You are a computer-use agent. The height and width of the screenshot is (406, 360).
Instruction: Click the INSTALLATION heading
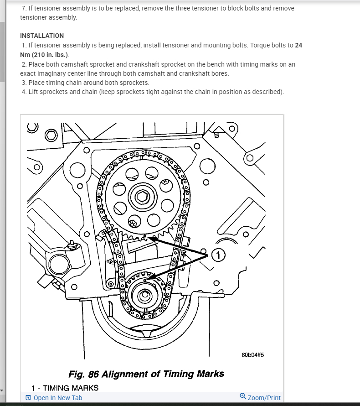pyautogui.click(x=42, y=36)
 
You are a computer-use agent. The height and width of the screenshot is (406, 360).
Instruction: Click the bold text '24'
pyautogui.click(x=298, y=45)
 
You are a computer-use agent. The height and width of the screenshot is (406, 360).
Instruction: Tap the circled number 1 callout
pyautogui.click(x=218, y=255)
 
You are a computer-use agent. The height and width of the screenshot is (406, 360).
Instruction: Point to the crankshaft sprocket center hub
pyautogui.click(x=144, y=295)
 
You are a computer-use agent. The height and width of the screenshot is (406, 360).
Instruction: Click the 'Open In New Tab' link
pyautogui.click(x=58, y=398)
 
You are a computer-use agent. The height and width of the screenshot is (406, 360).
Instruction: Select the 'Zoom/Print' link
pyautogui.click(x=264, y=398)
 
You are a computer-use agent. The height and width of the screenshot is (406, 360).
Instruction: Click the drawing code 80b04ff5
pyautogui.click(x=253, y=355)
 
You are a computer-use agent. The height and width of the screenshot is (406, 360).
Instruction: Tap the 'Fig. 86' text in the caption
pyautogui.click(x=83, y=374)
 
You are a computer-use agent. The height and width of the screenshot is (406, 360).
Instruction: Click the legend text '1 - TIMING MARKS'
pyautogui.click(x=65, y=388)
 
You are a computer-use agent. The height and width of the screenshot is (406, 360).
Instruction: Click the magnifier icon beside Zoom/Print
pyautogui.click(x=243, y=396)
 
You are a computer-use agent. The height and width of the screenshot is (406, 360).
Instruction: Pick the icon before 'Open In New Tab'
pyautogui.click(x=28, y=398)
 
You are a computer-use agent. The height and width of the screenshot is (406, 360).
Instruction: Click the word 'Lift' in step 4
pyautogui.click(x=34, y=92)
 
